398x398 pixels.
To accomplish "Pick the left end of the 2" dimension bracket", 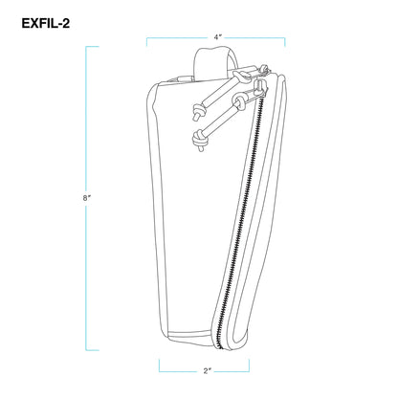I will [160, 365].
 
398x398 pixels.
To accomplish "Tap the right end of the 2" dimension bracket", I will [249, 365].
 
